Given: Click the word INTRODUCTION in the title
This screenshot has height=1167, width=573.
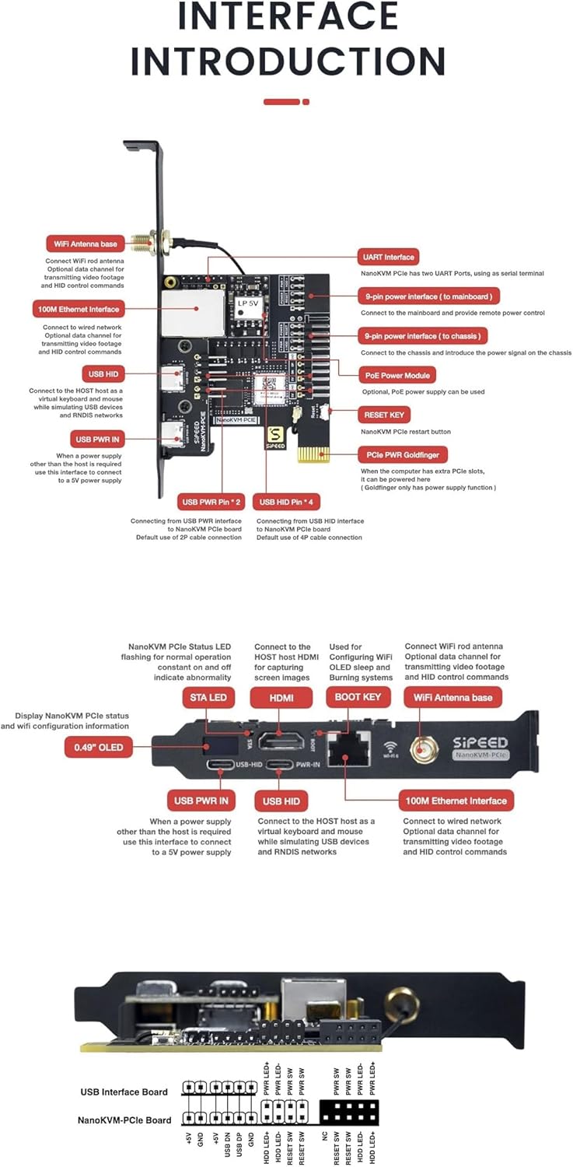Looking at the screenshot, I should [287, 61].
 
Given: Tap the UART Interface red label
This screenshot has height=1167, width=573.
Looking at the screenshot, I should [388, 257].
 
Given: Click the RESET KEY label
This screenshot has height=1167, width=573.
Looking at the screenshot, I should [383, 415].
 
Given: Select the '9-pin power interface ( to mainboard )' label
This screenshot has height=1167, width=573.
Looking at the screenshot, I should [428, 296].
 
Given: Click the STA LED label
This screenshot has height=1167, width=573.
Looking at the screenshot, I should [208, 697].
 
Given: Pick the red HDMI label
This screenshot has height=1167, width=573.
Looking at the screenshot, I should [281, 697].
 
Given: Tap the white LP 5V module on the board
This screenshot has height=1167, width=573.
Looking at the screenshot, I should [250, 309].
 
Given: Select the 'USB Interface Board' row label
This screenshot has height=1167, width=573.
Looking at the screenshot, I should [124, 1092].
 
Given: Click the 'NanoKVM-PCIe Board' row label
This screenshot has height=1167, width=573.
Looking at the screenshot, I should [124, 1120].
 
